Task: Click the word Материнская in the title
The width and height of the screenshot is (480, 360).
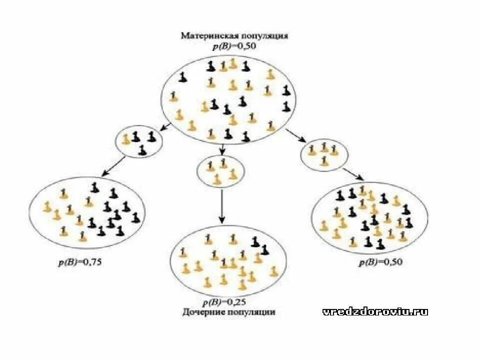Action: coord(205,36)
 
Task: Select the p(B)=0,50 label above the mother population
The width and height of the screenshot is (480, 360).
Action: coord(228,46)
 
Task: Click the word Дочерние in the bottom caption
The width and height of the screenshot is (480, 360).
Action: coord(200,311)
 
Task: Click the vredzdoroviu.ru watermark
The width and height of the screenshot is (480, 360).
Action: coord(375,311)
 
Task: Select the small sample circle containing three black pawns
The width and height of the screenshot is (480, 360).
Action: coord(139,141)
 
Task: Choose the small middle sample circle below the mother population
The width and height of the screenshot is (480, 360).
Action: coord(221,170)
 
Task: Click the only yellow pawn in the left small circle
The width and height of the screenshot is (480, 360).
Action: coord(126,138)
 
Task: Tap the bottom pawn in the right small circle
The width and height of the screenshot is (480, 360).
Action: coord(324,160)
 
